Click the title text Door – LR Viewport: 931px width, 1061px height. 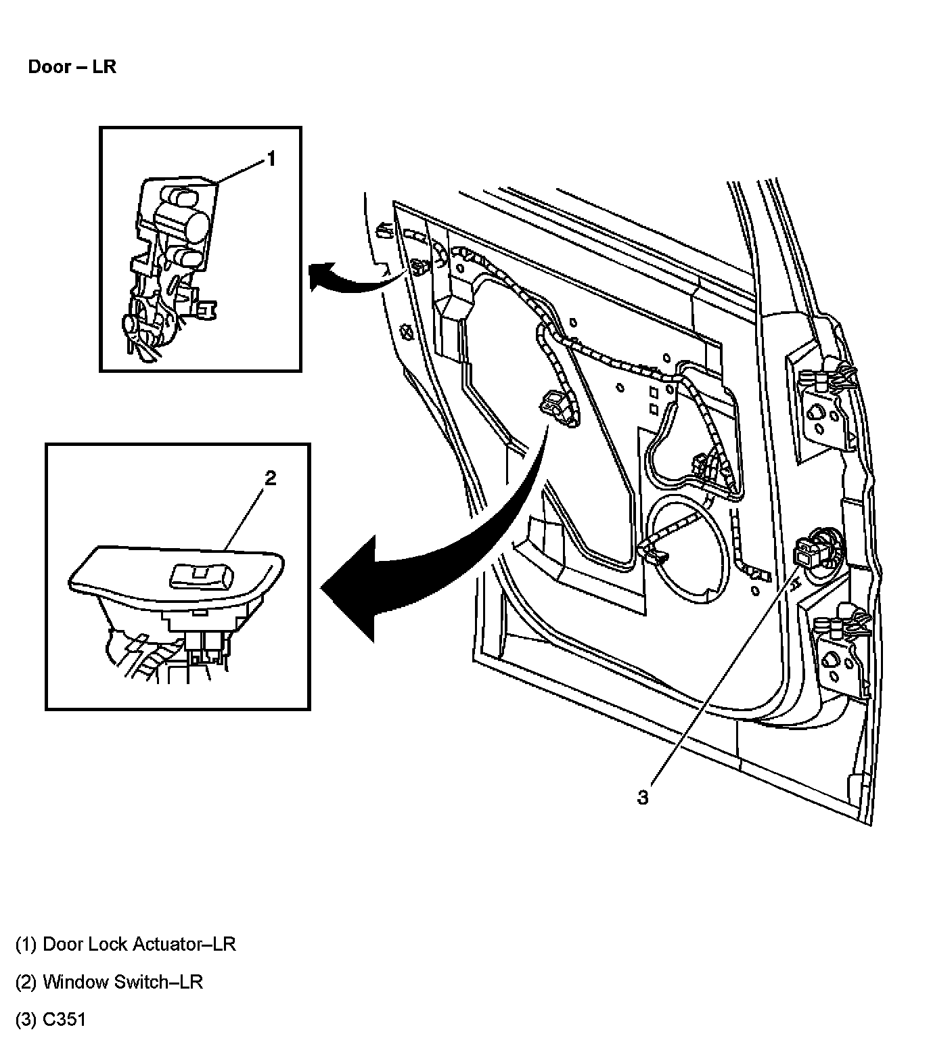click(x=72, y=67)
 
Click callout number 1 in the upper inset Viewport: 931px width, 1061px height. click(x=271, y=159)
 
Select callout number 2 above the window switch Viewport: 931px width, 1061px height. click(x=270, y=478)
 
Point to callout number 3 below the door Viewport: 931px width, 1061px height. click(x=642, y=798)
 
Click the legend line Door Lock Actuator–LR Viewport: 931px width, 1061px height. click(x=125, y=944)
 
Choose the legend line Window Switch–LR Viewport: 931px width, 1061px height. click(x=109, y=982)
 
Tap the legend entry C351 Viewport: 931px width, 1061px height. click(x=51, y=1020)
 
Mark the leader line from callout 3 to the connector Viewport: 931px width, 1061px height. click(x=717, y=677)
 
